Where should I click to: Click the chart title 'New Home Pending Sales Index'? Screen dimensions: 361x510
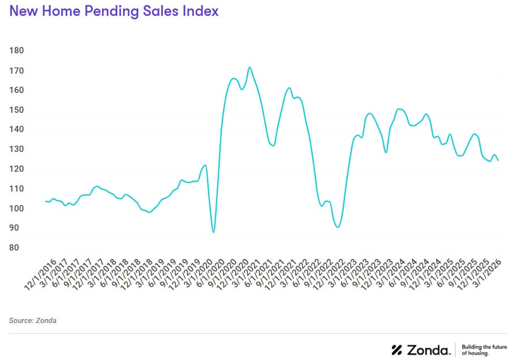(114, 11)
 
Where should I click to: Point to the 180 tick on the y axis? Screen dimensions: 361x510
(17, 50)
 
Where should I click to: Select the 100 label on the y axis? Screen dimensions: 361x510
(17, 209)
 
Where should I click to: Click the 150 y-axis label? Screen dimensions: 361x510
(17, 110)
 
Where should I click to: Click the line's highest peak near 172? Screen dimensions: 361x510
(250, 67)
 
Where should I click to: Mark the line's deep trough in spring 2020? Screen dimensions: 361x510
(213, 232)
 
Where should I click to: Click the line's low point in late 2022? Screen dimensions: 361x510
(338, 227)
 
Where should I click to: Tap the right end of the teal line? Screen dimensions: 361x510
(498, 160)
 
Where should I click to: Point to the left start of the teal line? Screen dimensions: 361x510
(45, 201)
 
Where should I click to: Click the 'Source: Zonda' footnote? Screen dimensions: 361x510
(33, 321)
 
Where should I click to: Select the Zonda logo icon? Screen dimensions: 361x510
(397, 350)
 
